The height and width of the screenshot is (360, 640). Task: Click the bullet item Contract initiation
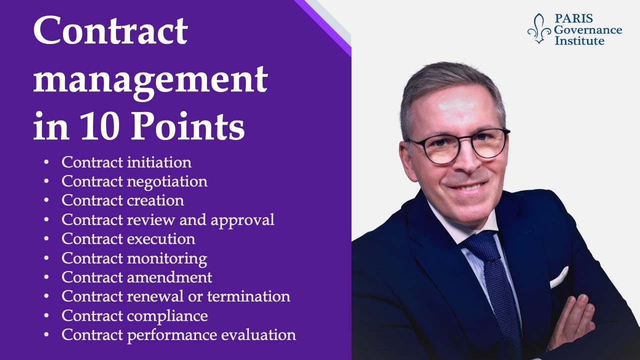point(126,162)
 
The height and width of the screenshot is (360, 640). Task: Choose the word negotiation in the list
point(167,181)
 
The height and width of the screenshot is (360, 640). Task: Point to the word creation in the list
point(155,200)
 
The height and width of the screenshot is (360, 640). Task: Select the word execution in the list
point(161,239)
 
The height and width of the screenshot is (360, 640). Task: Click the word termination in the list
point(248,296)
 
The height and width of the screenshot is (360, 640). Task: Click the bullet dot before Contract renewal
point(46,296)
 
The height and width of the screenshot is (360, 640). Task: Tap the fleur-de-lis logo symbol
point(539,28)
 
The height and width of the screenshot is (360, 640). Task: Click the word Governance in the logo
point(588,30)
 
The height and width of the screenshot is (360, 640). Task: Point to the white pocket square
point(558,277)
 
